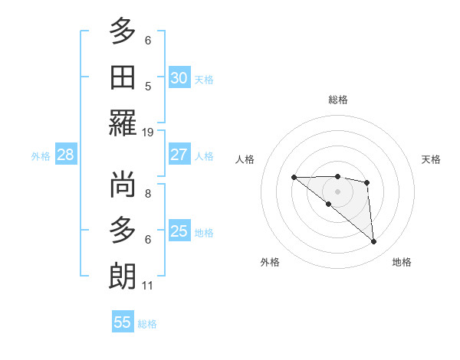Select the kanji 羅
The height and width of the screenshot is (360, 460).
(123, 123)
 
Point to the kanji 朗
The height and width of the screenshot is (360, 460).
(123, 275)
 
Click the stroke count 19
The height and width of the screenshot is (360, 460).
(148, 132)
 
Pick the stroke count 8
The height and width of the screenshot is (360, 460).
(148, 194)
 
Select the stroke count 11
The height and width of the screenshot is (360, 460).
(148, 286)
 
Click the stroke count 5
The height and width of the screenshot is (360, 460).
(148, 87)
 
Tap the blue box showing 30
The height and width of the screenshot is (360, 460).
(179, 78)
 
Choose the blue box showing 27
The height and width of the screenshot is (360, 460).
(179, 155)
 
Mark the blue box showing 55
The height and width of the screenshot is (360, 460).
(123, 322)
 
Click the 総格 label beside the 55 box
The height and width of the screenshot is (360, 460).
(147, 324)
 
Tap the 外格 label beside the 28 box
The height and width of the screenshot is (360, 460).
(41, 156)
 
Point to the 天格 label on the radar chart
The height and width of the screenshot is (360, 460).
(431, 159)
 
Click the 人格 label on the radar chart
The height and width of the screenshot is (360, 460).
(245, 159)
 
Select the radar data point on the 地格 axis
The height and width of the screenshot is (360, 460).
(374, 242)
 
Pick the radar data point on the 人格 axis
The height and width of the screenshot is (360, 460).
(294, 178)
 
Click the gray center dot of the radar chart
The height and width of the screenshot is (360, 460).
(337, 191)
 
